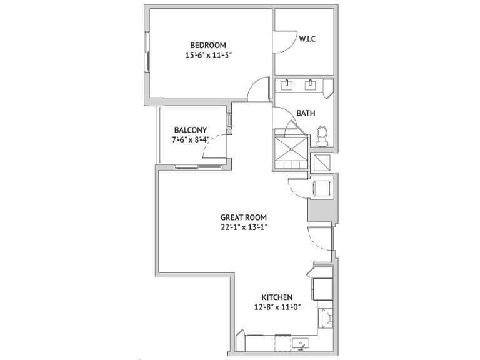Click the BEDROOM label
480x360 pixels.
click(x=208, y=45)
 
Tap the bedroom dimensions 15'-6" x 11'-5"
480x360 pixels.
click(x=208, y=55)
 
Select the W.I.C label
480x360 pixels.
click(x=307, y=39)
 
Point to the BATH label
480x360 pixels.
click(x=306, y=113)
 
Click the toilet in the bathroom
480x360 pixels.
click(x=322, y=136)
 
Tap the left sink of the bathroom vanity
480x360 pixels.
click(x=287, y=85)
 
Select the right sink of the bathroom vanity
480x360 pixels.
click(x=311, y=85)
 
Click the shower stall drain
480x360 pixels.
click(x=291, y=149)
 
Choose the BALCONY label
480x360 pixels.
click(x=191, y=130)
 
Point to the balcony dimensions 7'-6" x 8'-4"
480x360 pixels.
click(x=191, y=139)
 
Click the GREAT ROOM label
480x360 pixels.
click(x=244, y=217)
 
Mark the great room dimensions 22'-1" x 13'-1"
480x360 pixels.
click(x=244, y=227)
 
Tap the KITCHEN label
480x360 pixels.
click(x=277, y=297)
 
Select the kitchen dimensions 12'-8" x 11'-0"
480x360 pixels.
click(x=277, y=307)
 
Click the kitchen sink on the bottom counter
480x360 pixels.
click(x=300, y=344)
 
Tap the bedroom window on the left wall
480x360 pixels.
click(x=147, y=52)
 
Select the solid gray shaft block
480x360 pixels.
click(x=320, y=211)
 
